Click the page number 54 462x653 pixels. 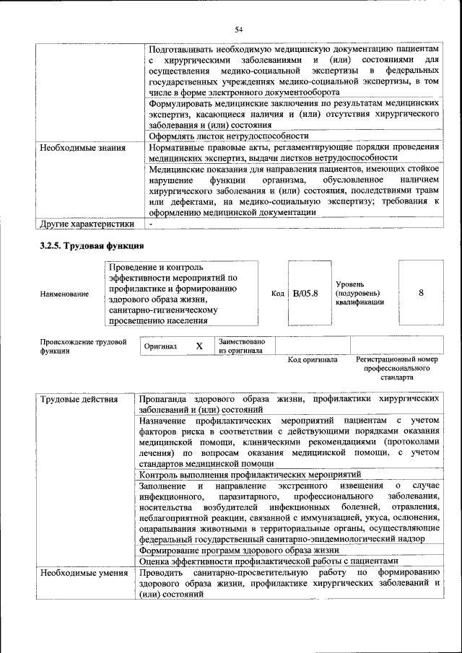[238, 29]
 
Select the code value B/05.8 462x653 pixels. [306, 294]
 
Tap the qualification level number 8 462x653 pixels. [420, 293]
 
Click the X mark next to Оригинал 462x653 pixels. [199, 346]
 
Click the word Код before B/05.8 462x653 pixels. [278, 294]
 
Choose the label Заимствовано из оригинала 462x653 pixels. [242, 346]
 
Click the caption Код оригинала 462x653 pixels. [313, 359]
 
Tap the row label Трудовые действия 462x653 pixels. [71, 399]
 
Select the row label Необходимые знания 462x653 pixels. [83, 148]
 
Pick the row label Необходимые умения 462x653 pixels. [82, 572]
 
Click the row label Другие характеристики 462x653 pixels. [87, 224]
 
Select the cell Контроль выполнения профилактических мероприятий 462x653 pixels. [250, 475]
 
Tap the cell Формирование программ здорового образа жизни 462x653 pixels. [244, 550]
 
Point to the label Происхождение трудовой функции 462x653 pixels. [83, 346]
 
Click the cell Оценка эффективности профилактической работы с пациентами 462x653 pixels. [268, 561]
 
